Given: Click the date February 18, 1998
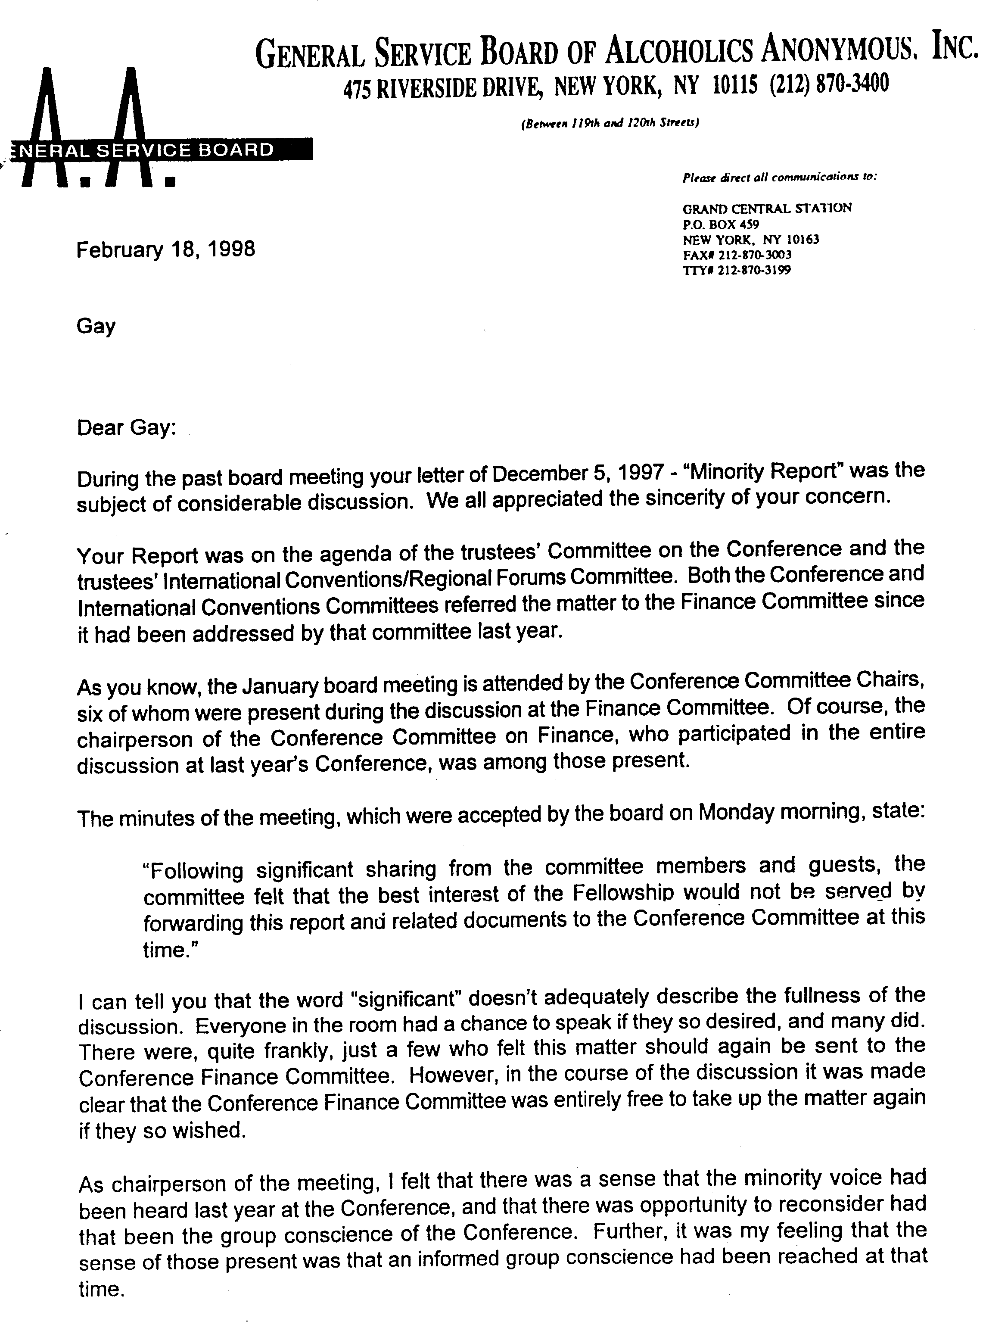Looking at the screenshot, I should coord(165,249).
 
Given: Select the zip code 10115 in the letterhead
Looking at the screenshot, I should coord(735,85).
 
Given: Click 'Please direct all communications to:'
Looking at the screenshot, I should coord(780,177).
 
